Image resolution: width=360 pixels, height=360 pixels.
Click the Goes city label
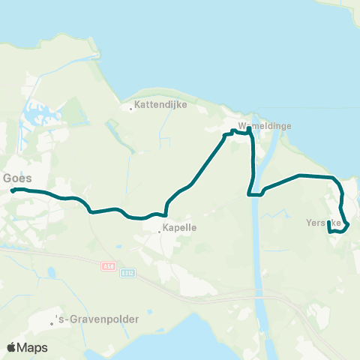click(x=16, y=178)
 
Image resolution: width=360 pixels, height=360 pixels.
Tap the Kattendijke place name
click(x=159, y=106)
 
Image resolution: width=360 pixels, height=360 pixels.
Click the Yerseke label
click(x=323, y=223)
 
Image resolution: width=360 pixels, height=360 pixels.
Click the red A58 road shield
click(x=109, y=265)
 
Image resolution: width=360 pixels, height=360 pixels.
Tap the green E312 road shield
click(x=128, y=273)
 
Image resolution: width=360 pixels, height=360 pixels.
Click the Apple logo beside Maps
click(x=12, y=347)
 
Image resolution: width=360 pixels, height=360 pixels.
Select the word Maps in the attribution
click(x=33, y=347)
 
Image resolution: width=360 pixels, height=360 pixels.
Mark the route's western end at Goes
click(x=12, y=190)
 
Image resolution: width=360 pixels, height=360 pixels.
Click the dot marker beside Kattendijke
click(x=131, y=109)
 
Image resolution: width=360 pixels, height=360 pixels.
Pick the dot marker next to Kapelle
click(x=160, y=231)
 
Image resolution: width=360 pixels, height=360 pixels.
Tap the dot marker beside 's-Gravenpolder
click(x=52, y=323)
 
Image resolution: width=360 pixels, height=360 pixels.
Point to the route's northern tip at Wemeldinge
click(x=249, y=128)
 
